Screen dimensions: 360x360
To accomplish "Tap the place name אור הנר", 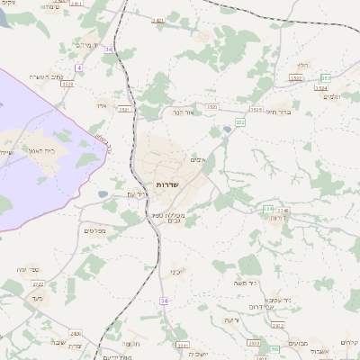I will click(x=183, y=112).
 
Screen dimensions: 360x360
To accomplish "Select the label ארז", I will click(x=102, y=104).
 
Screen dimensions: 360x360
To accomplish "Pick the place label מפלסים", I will click(x=94, y=231).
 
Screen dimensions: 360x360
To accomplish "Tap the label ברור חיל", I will click(x=282, y=112).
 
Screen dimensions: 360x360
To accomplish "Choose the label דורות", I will click(x=278, y=218).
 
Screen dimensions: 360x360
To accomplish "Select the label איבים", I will click(x=200, y=160).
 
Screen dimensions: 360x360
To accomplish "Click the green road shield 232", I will click(x=240, y=121).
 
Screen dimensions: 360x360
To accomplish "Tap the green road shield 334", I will click(x=268, y=209).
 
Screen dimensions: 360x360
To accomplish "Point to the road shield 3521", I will click(x=124, y=110).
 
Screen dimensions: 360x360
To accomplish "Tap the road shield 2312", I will click(x=279, y=325).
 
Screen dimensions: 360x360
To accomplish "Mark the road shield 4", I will click(x=79, y=68).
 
